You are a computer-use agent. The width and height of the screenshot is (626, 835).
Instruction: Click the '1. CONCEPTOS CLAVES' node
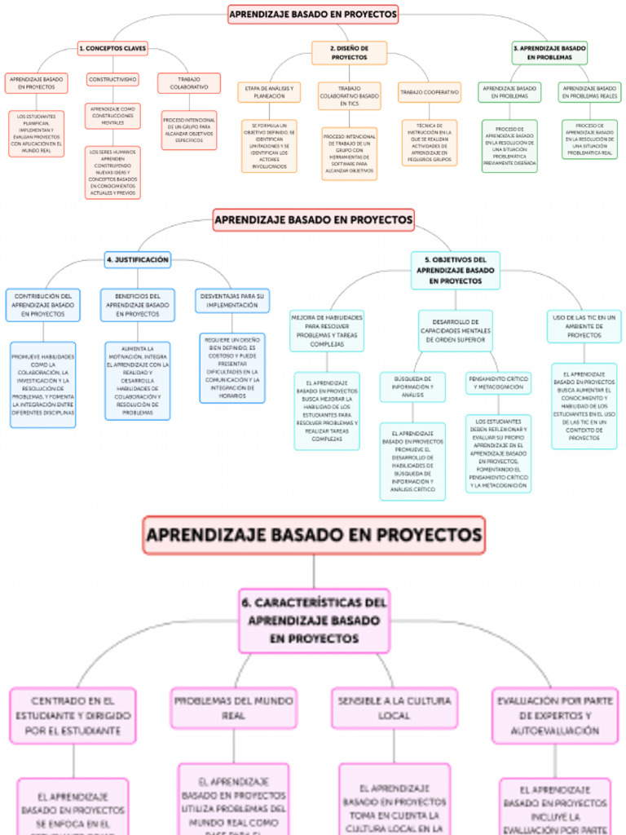pos(112,49)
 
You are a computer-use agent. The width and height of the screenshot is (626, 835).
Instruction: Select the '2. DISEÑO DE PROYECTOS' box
pos(349,53)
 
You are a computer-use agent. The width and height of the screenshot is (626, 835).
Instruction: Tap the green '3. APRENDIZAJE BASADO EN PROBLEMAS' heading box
pos(549,53)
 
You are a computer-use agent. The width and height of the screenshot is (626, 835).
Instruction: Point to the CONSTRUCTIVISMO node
pos(112,79)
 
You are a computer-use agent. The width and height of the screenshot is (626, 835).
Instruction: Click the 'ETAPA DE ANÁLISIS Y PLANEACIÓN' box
pos(269,91)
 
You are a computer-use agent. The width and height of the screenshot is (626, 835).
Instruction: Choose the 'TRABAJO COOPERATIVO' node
pos(430,92)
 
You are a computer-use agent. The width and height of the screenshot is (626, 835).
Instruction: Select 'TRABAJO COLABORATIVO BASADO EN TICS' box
pos(349,96)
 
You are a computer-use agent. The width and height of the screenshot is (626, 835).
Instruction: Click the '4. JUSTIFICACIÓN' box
pos(138,260)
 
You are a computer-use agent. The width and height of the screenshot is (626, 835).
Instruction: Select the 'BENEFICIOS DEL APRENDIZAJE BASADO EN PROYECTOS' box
pos(137,304)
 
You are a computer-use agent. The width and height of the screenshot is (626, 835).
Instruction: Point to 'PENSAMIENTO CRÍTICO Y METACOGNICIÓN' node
pos(498,382)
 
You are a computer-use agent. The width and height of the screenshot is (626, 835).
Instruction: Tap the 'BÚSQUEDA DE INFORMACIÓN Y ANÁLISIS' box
pos(412,387)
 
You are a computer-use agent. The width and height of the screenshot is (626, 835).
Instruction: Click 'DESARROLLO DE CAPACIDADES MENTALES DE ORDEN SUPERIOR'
pos(456,330)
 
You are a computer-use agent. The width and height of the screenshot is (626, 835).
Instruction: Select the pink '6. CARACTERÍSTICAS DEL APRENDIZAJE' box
pos(314,621)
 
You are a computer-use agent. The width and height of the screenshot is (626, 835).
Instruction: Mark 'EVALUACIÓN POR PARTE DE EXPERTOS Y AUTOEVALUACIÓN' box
pos(555,715)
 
